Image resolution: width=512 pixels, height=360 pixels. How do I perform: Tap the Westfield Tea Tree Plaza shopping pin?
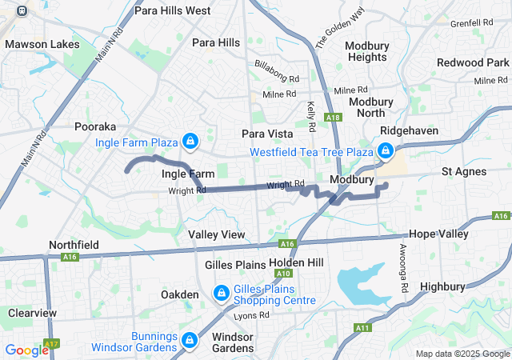coord(385,150)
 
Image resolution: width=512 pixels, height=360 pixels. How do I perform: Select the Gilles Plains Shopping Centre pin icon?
coord(221,294)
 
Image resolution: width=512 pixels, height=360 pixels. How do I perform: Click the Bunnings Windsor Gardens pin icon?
coord(190,340)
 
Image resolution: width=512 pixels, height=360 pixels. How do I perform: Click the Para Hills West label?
coord(173,10)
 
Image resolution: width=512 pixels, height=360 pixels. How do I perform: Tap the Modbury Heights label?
coord(366,51)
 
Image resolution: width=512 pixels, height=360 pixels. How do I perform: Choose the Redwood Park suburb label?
coord(473,62)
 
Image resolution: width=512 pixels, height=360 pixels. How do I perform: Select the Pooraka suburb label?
coord(95,126)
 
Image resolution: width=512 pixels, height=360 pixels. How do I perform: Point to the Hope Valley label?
coord(438,234)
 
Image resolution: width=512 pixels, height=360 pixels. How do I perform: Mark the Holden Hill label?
coord(296,262)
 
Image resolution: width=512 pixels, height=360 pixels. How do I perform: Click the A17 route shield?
coord(52,344)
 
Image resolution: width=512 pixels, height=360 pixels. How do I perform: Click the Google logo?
coord(26,350)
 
